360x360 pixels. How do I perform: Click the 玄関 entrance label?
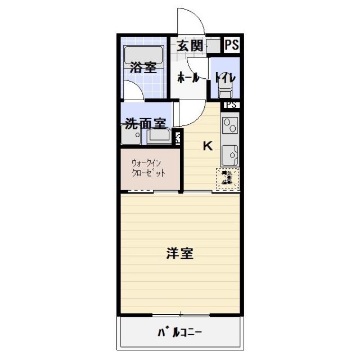click(190, 46)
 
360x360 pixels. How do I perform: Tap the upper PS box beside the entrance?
click(231, 46)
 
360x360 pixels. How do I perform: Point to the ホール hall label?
click(188, 78)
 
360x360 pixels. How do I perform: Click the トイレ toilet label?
click(225, 78)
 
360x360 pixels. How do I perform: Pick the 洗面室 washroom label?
click(145, 123)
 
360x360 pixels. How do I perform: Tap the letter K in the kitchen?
click(208, 146)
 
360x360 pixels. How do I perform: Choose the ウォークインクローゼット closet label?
click(148, 169)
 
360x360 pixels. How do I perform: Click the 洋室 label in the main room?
click(180, 254)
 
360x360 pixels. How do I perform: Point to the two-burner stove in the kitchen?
click(230, 128)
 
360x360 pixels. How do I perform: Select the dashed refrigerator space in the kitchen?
click(227, 178)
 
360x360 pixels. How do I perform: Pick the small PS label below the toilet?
click(231, 105)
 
